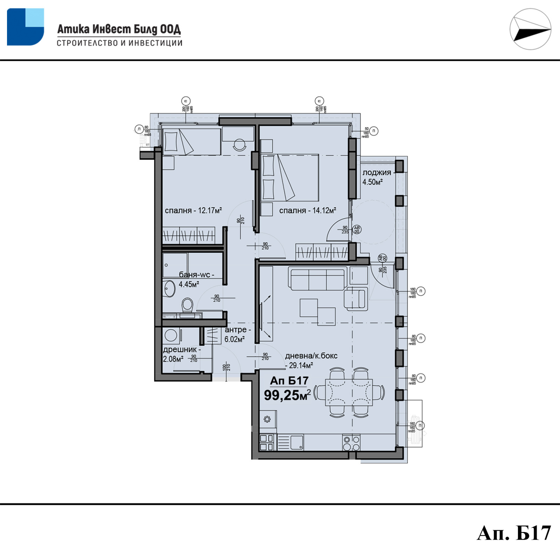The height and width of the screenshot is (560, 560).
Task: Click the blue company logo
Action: pyautogui.click(x=25, y=27)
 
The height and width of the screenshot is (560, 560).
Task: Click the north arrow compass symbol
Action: pyautogui.click(x=530, y=29)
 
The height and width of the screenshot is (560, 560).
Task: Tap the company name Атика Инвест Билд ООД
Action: pyautogui.click(x=119, y=29)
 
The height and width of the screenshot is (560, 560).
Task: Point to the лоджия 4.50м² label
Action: pyautogui.click(x=376, y=177)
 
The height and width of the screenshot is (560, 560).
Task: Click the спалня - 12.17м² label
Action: pyautogui.click(x=193, y=211)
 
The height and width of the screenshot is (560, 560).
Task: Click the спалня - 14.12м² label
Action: pyautogui.click(x=307, y=211)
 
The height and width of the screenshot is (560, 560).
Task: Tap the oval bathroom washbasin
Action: pyautogui.click(x=169, y=288)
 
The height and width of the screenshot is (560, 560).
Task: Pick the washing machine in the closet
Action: pyautogui.click(x=171, y=335)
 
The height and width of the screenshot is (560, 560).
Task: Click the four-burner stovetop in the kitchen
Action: pyautogui.click(x=351, y=443)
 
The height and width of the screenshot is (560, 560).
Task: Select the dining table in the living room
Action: pyautogui.click(x=349, y=392)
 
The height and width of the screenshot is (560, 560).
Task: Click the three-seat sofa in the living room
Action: pyautogui.click(x=317, y=279)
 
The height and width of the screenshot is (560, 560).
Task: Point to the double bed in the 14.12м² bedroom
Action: pyautogui.click(x=290, y=177)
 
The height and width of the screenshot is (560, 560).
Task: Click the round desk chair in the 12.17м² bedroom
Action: pyautogui.click(x=240, y=144)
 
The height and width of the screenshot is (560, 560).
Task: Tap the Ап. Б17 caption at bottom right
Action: pyautogui.click(x=513, y=533)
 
